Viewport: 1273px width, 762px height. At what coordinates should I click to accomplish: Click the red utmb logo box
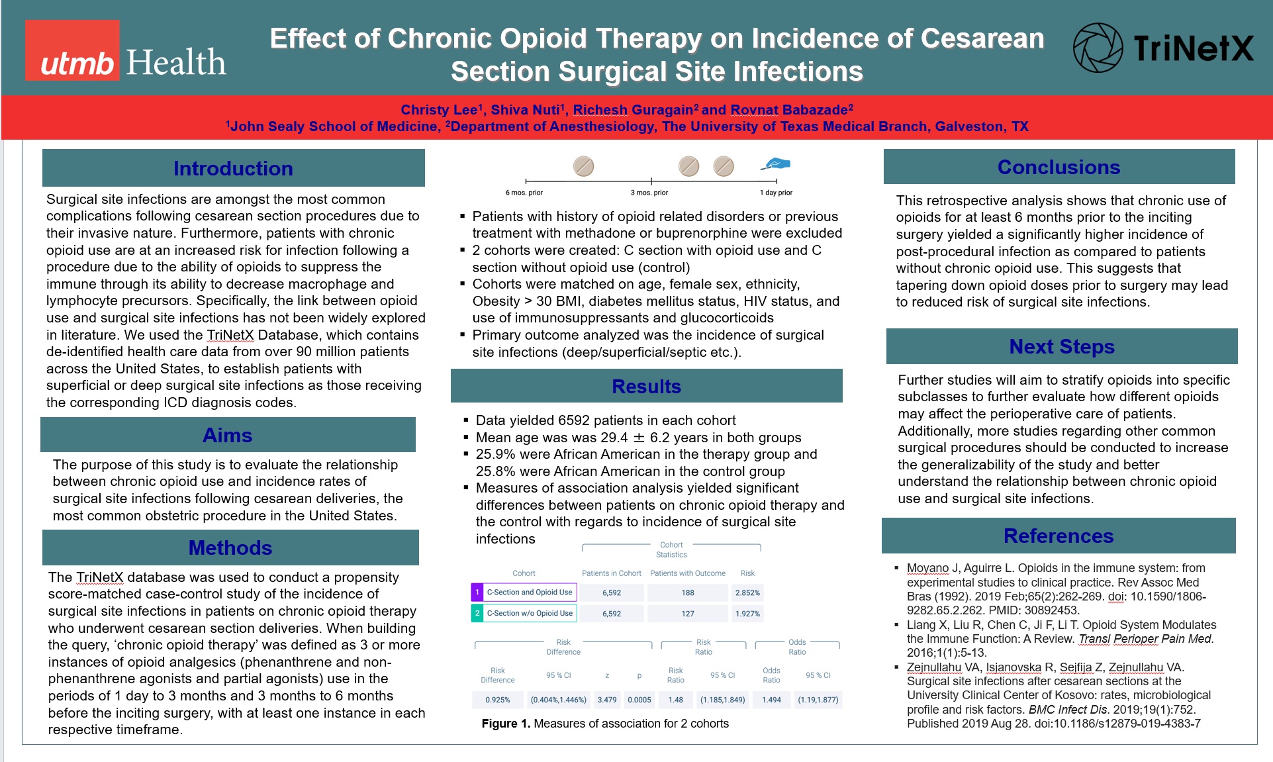[x=72, y=50]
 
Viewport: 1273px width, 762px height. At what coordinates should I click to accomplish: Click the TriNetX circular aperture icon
[x=1097, y=48]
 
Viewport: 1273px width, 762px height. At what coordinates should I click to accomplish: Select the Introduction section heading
[x=233, y=168]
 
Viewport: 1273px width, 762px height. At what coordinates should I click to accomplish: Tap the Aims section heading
[x=227, y=435]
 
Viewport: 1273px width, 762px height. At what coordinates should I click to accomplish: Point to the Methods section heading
[x=230, y=548]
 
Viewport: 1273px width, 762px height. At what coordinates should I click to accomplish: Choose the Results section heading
[x=646, y=386]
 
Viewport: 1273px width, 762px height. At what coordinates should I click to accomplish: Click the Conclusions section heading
[x=1059, y=167]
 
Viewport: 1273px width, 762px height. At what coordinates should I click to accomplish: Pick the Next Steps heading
[x=1061, y=346]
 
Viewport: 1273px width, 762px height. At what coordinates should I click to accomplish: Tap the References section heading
[x=1058, y=536]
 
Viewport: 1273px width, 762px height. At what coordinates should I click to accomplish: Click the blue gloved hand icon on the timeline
[x=777, y=163]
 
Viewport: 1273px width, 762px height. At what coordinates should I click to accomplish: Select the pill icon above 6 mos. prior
[x=583, y=166]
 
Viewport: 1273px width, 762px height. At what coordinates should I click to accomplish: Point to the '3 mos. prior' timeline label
[x=649, y=193]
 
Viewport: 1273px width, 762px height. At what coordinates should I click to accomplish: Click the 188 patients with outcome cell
[x=688, y=593]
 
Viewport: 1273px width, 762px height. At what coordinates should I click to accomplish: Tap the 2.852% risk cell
[x=747, y=593]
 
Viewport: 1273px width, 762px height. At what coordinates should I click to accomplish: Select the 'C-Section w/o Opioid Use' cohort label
[x=530, y=613]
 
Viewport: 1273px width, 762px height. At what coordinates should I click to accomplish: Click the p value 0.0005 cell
[x=639, y=700]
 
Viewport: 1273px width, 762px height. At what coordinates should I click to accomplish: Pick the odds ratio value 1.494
[x=771, y=700]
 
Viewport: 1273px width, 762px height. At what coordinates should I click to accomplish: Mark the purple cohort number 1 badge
[x=477, y=593]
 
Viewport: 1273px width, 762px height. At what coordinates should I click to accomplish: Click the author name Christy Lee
[x=438, y=110]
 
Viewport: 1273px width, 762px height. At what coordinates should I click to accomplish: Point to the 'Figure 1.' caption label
[x=506, y=724]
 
